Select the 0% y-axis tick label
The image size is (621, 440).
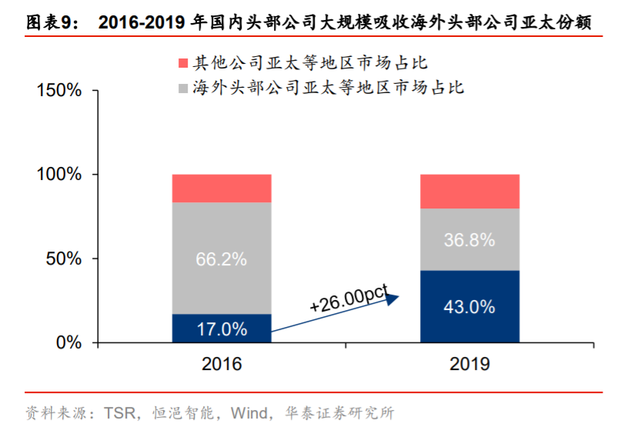[69, 342]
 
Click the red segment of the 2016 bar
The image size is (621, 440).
[222, 188]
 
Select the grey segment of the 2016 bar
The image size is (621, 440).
[222, 231]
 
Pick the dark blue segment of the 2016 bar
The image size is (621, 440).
[222, 328]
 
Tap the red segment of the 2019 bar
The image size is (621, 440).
[469, 192]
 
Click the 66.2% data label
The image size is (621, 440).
[222, 259]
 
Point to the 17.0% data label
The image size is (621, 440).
[222, 329]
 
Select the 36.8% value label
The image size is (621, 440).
[469, 240]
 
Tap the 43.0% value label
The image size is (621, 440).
[469, 307]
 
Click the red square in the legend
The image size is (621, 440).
[182, 62]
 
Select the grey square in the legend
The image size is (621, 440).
[182, 87]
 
